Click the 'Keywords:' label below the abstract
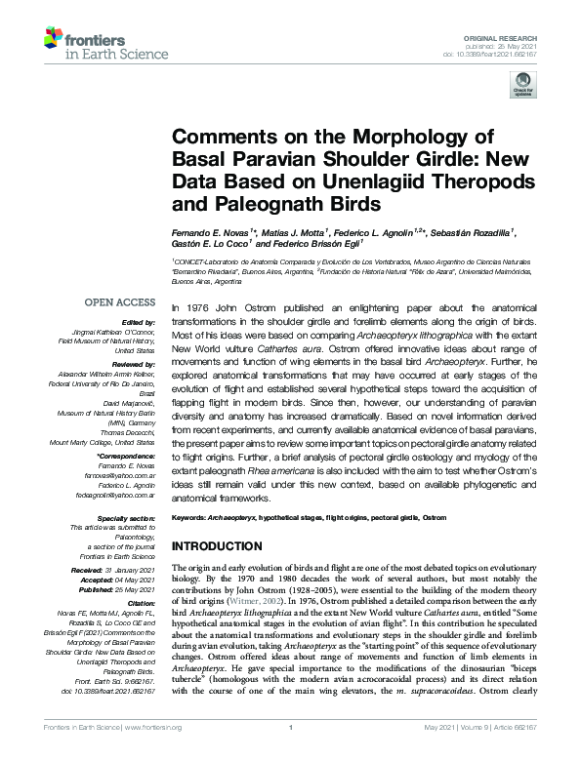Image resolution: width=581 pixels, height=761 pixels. click(x=190, y=515)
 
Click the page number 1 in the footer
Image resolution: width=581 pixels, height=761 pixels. click(x=290, y=751)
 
